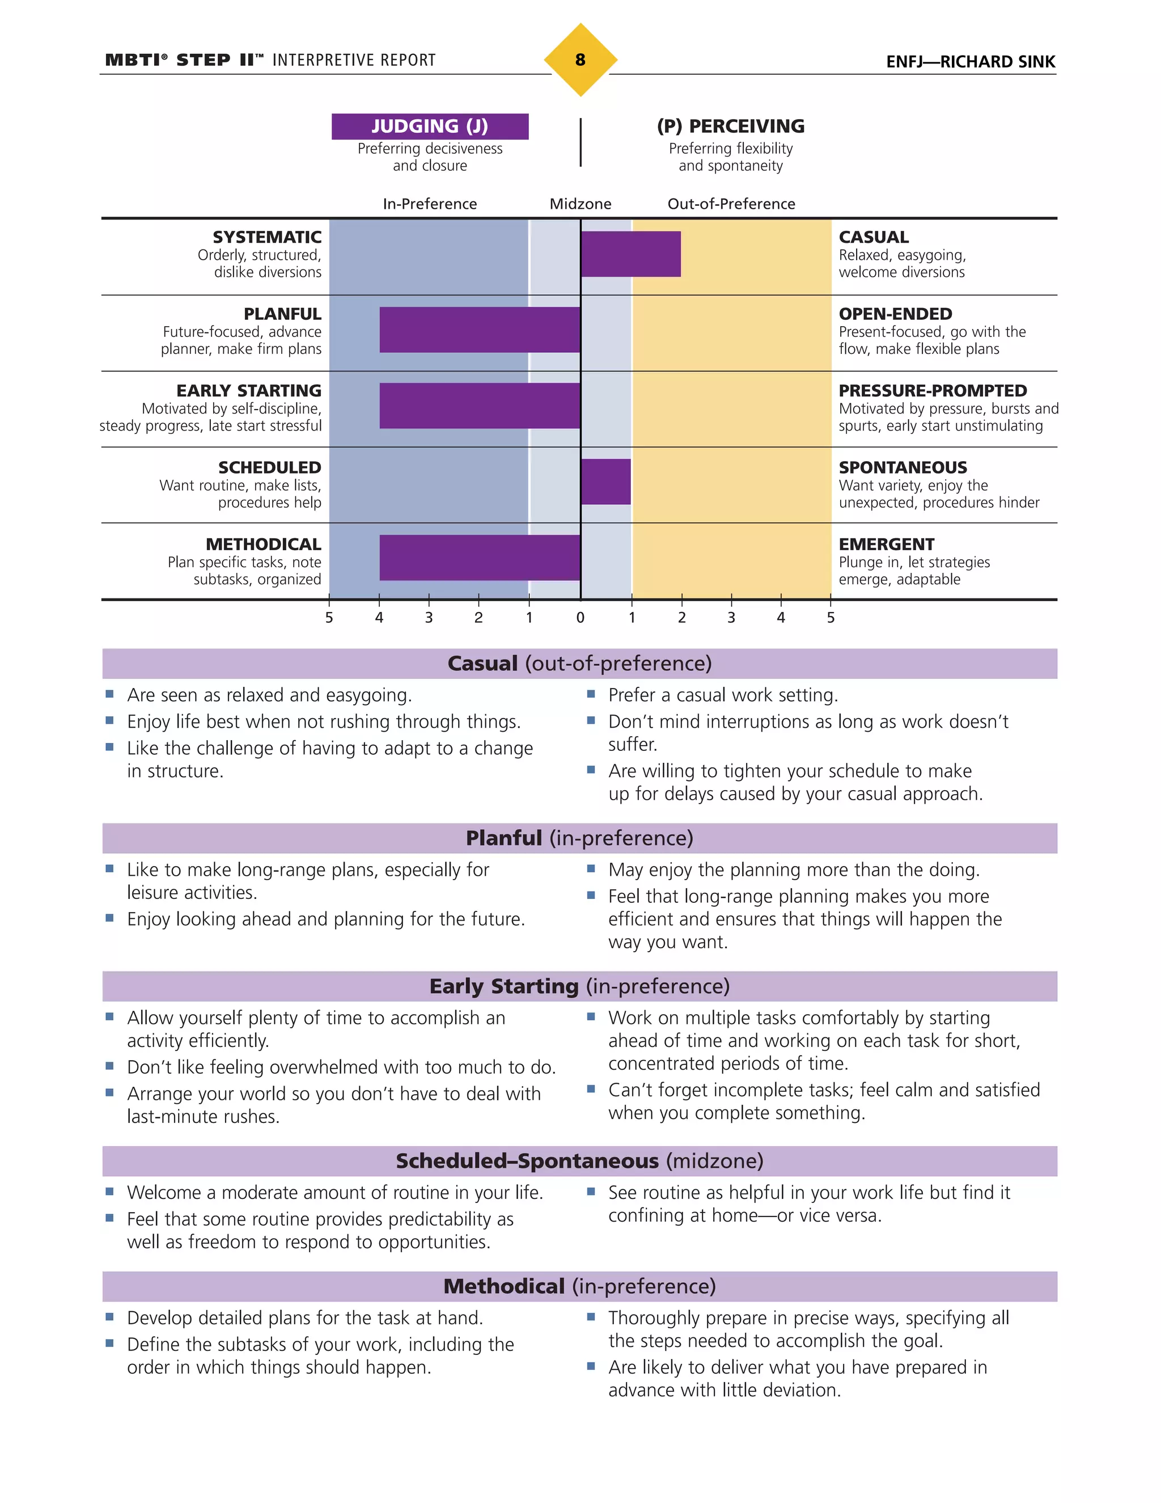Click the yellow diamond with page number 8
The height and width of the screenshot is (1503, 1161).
tap(580, 60)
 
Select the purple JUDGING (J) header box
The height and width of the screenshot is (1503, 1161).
tap(430, 126)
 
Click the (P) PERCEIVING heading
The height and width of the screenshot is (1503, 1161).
tap(730, 126)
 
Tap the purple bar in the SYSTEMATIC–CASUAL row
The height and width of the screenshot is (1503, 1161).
tap(631, 254)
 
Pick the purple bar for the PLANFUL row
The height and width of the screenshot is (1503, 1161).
tap(480, 330)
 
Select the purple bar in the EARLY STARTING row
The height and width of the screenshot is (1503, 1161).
tap(480, 406)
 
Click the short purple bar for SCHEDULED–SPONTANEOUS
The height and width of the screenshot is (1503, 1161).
tap(605, 482)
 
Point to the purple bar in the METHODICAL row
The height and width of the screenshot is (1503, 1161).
tap(480, 558)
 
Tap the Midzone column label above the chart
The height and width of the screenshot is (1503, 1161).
tap(580, 204)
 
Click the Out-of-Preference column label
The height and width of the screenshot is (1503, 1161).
tap(731, 204)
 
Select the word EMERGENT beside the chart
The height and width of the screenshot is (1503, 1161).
tap(886, 544)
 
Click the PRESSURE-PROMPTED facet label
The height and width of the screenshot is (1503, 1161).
tap(932, 391)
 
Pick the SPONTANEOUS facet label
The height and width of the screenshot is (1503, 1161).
tap(902, 467)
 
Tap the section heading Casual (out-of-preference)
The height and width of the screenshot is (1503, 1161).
tap(580, 664)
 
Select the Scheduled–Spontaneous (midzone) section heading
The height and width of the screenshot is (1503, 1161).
tap(580, 1161)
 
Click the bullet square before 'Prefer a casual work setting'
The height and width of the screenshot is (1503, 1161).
tap(590, 694)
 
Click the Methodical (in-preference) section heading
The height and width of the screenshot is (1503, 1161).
tap(580, 1286)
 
